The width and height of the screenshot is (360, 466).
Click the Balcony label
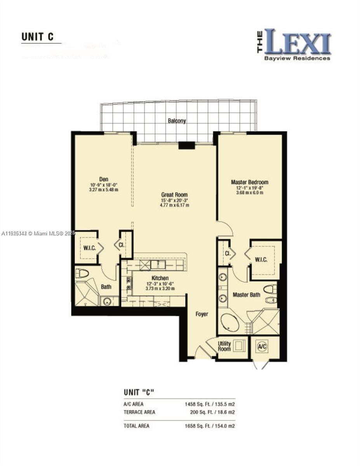coord(177,121)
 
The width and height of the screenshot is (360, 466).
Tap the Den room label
coord(103,179)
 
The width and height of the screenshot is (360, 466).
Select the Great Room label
coord(174,195)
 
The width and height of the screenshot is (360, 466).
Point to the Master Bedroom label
coord(249,182)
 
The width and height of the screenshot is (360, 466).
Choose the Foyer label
coord(202,314)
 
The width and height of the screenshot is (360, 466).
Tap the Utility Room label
coord(224,346)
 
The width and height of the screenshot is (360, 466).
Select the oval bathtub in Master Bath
coord(230,322)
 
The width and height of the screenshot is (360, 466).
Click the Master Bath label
coord(246,295)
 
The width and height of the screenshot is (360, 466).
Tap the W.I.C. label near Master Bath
coord(261,259)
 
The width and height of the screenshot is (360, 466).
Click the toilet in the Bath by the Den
coord(82,273)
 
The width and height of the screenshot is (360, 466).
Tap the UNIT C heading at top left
coord(37,37)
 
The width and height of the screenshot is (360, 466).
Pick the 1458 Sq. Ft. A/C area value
coord(198,404)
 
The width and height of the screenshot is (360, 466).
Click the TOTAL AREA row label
coord(136,426)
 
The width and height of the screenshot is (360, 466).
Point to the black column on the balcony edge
coord(186,146)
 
